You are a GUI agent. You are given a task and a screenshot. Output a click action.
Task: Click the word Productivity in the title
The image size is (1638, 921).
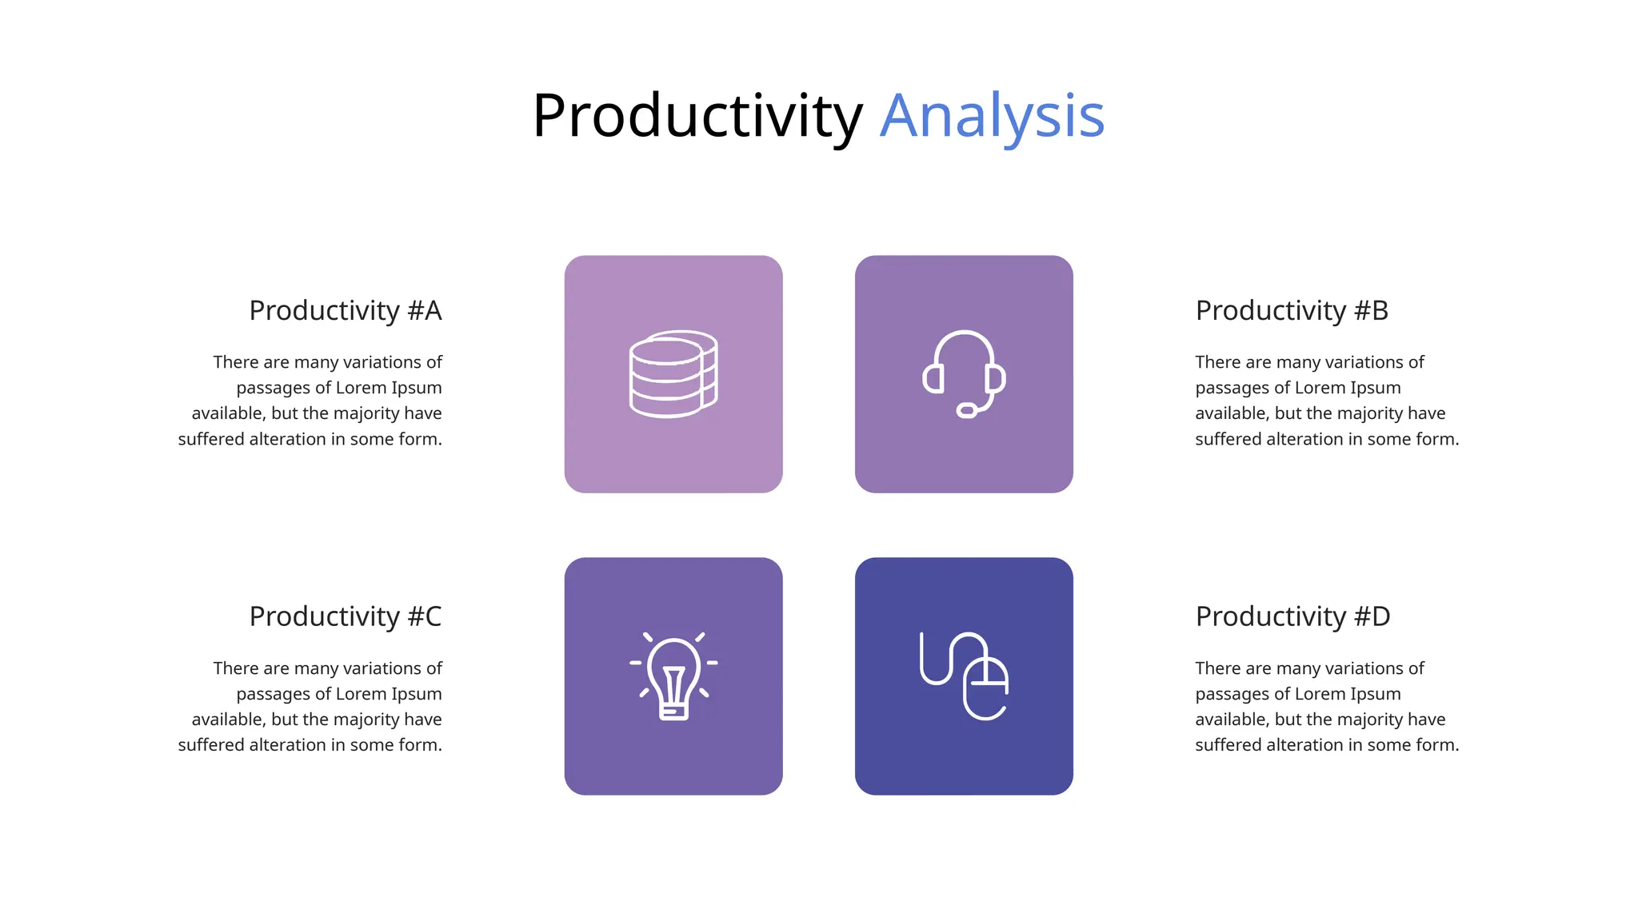pyautogui.click(x=697, y=117)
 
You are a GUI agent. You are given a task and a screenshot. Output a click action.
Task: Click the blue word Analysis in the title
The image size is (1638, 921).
pyautogui.click(x=992, y=117)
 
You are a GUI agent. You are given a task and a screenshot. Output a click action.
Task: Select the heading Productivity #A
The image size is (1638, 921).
pyautogui.click(x=345, y=310)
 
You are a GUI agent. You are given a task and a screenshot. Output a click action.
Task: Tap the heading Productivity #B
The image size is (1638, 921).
pyautogui.click(x=1291, y=310)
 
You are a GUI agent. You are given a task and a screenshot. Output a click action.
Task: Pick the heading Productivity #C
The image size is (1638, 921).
pyautogui.click(x=345, y=616)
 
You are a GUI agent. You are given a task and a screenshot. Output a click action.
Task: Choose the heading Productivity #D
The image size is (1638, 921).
pyautogui.click(x=1292, y=616)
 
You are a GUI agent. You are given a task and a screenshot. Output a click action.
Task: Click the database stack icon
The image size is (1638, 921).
pyautogui.click(x=673, y=374)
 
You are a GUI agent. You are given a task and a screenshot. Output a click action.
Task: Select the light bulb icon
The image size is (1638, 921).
pyautogui.click(x=673, y=676)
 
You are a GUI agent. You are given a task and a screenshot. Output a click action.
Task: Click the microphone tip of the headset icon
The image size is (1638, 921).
pyautogui.click(x=966, y=411)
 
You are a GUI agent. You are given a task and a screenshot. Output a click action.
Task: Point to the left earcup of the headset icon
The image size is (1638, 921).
pyautogui.click(x=933, y=378)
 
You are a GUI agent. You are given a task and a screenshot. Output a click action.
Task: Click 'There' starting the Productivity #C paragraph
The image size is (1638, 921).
pyautogui.click(x=234, y=668)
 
